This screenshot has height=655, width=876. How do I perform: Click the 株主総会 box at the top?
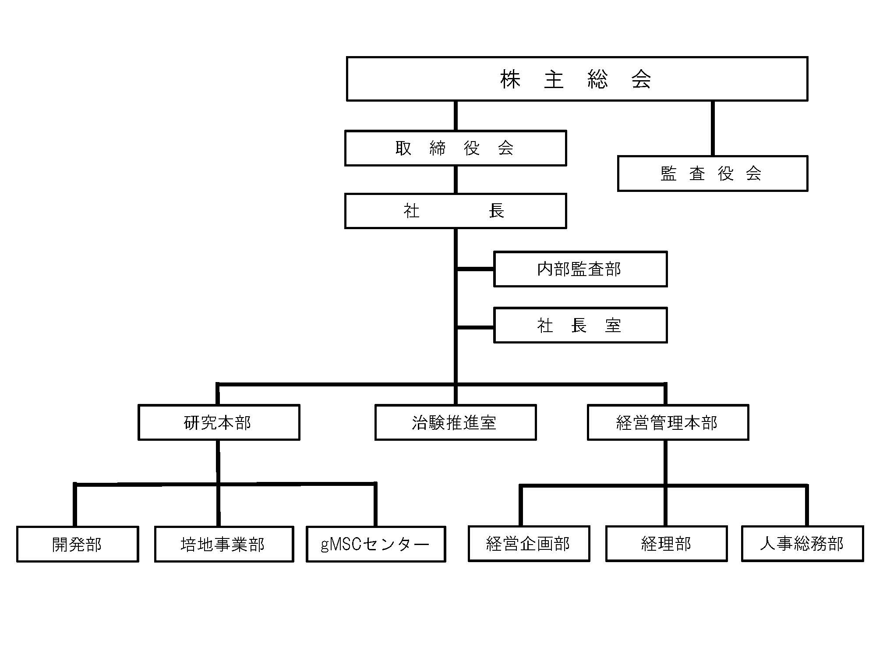[577, 79]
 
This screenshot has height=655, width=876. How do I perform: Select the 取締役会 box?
[456, 148]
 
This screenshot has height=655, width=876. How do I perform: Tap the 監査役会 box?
[713, 173]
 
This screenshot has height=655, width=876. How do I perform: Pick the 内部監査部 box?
[580, 269]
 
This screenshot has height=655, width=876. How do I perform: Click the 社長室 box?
[580, 325]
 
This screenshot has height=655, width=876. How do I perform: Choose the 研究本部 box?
[219, 422]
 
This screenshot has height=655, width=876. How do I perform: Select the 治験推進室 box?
[456, 422]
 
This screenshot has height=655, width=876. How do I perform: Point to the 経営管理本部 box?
[668, 422]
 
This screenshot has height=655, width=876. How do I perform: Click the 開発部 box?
[78, 544]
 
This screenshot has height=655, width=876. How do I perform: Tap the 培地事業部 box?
[224, 544]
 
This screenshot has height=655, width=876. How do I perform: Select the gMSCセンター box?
[376, 544]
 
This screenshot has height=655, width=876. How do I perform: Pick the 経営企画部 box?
[529, 544]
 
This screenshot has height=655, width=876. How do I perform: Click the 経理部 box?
[667, 544]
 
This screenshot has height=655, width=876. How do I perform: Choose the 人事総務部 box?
[802, 544]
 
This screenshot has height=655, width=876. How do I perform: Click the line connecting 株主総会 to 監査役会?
[713, 128]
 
